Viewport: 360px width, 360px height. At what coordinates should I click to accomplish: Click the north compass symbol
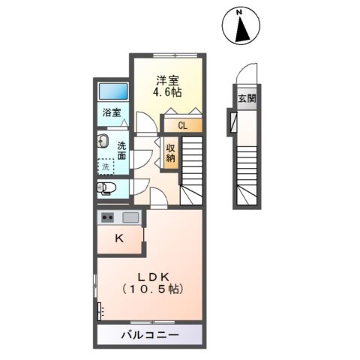(241, 27)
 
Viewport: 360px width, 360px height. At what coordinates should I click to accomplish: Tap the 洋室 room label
(167, 79)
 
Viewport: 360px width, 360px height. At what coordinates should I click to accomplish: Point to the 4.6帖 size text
(167, 93)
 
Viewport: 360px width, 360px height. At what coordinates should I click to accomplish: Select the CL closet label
(181, 125)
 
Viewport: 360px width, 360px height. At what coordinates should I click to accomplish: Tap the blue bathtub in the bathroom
(115, 91)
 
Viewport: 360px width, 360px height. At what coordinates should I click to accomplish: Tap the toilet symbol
(106, 187)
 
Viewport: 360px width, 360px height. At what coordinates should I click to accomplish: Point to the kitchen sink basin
(130, 218)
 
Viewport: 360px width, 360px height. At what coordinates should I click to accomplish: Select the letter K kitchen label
(118, 239)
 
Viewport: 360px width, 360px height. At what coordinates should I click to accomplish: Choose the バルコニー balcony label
(148, 334)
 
